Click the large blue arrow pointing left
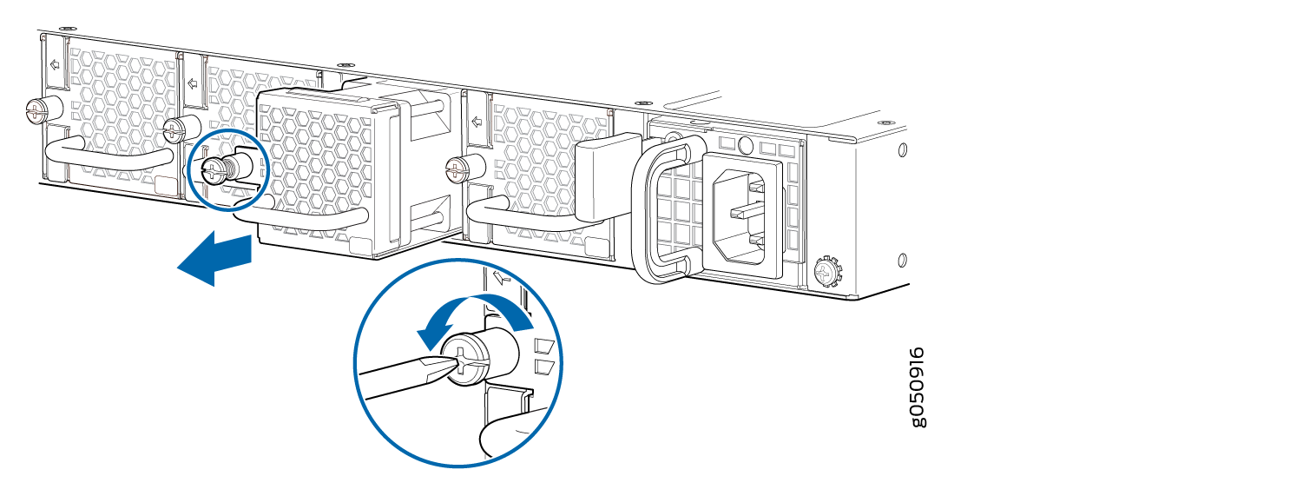point(214,259)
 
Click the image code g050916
point(918,387)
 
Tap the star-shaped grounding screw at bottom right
point(827,271)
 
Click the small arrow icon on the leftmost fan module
point(56,64)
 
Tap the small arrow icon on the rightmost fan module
point(477,122)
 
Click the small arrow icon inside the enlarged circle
point(502,277)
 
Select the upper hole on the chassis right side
point(902,149)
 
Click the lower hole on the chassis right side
point(902,260)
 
